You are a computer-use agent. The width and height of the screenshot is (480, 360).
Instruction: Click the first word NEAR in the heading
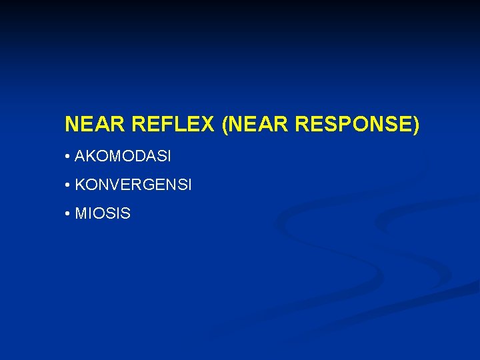(x=96, y=125)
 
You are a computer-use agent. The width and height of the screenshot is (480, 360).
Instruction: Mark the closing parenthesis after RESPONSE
(x=417, y=125)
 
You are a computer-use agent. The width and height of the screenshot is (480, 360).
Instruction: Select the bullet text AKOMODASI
(x=123, y=157)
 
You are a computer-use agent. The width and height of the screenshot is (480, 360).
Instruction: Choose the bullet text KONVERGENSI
(x=133, y=185)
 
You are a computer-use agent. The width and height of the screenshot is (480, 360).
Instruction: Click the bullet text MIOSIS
(x=103, y=214)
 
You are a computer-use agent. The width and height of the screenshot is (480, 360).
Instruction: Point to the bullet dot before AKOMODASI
(x=68, y=157)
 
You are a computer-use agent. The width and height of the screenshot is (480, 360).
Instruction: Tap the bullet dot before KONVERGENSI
(x=68, y=186)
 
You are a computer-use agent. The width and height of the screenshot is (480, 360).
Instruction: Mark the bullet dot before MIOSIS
(x=68, y=215)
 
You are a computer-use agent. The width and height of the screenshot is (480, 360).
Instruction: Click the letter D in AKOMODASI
(x=137, y=157)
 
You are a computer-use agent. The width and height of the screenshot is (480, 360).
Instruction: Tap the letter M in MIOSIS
(x=81, y=214)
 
